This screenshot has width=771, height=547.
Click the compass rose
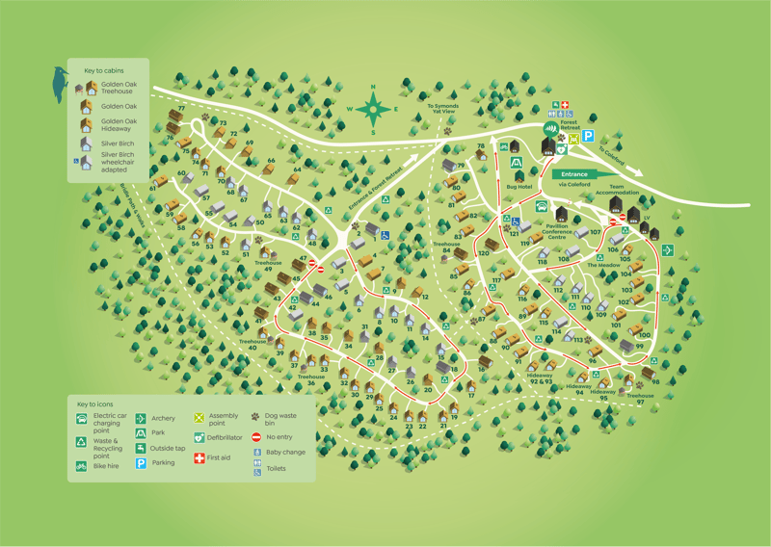[x=373, y=107]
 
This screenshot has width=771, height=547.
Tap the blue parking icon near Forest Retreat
[x=587, y=137]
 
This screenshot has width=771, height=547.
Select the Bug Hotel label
[x=518, y=187]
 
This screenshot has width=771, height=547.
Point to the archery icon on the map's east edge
[x=667, y=250]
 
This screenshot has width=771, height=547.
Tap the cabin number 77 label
[x=181, y=109]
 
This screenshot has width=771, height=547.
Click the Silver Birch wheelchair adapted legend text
[x=118, y=160]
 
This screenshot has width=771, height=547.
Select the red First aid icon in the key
[x=199, y=457]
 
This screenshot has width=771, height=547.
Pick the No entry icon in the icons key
[x=256, y=437]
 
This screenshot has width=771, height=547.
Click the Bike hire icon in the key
[x=83, y=466]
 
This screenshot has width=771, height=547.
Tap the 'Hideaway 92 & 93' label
[x=541, y=378]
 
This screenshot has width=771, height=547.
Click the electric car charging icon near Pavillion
[x=541, y=207]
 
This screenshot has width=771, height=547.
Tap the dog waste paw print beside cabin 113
[x=589, y=339]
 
